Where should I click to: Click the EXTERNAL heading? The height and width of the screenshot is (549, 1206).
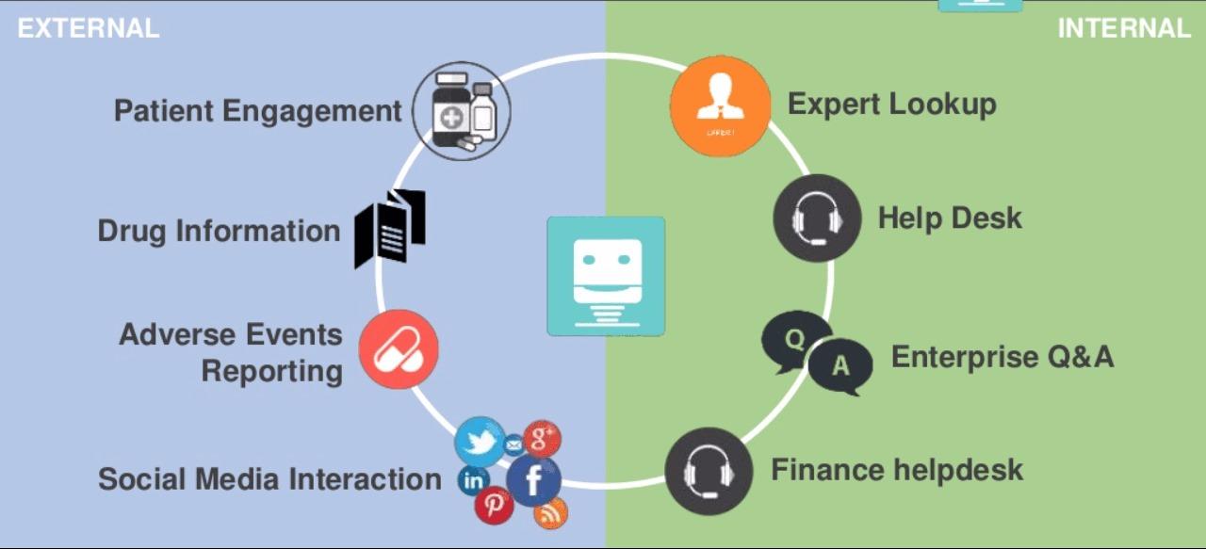coord(89,28)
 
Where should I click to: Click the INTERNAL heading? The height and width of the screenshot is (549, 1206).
coord(1124,28)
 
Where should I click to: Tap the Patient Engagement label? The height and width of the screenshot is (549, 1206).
coord(258,111)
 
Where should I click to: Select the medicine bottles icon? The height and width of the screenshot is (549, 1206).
coord(462,111)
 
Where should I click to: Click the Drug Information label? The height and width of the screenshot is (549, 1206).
coord(219,232)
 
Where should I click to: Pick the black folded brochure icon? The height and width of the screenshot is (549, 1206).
coord(390,228)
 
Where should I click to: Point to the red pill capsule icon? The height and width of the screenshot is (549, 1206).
coord(399,348)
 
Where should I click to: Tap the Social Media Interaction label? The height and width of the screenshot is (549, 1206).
coord(269,479)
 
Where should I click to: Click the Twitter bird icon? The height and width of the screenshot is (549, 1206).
coord(480,442)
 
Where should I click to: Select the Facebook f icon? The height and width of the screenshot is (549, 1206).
coord(533,480)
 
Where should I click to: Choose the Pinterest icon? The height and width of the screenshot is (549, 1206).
coord(494,506)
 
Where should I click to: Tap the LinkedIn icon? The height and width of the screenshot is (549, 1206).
coord(473,480)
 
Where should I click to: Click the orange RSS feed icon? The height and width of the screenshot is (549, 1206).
coord(550,513)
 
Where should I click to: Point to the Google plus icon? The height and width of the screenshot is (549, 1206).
coord(542,439)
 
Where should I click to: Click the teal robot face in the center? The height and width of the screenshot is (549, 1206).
coord(606,276)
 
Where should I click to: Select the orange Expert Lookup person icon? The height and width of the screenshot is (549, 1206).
coord(721,106)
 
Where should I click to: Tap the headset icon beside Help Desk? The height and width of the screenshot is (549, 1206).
coord(817,218)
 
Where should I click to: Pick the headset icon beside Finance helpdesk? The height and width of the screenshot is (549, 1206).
coord(709,472)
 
